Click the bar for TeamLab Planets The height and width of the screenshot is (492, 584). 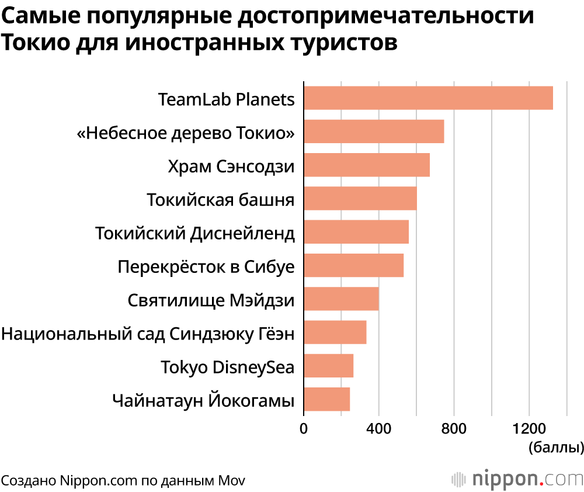pos(428,98)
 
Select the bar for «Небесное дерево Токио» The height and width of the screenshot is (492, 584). pos(374,131)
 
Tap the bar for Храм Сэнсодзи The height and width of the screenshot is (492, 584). pos(367,165)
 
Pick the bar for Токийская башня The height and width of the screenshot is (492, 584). pos(360,198)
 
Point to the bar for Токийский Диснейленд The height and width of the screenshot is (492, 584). pos(356,231)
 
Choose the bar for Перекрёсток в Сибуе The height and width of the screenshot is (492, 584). pos(353,265)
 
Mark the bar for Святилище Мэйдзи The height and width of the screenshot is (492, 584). pos(341,299)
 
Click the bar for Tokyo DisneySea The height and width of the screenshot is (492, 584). pos(328,366)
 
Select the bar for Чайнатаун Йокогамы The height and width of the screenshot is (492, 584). pos(326,399)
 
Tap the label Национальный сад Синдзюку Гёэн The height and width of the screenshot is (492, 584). pos(147,335)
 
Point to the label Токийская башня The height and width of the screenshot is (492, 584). pos(220,200)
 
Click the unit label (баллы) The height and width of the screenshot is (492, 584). pos(555,448)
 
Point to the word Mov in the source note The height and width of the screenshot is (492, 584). pos(232,480)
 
